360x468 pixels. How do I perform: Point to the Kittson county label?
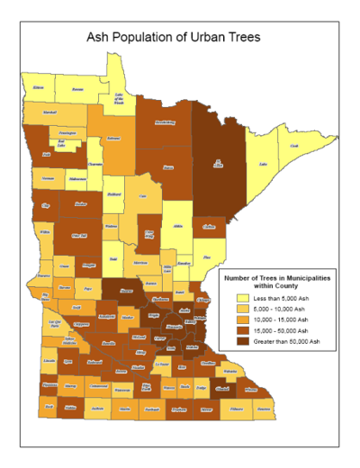point(38,87)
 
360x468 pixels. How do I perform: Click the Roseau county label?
point(78,89)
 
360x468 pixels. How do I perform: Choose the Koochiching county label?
point(165,122)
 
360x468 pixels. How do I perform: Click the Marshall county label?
point(48,114)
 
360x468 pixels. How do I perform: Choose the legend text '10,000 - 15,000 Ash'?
point(283,319)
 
